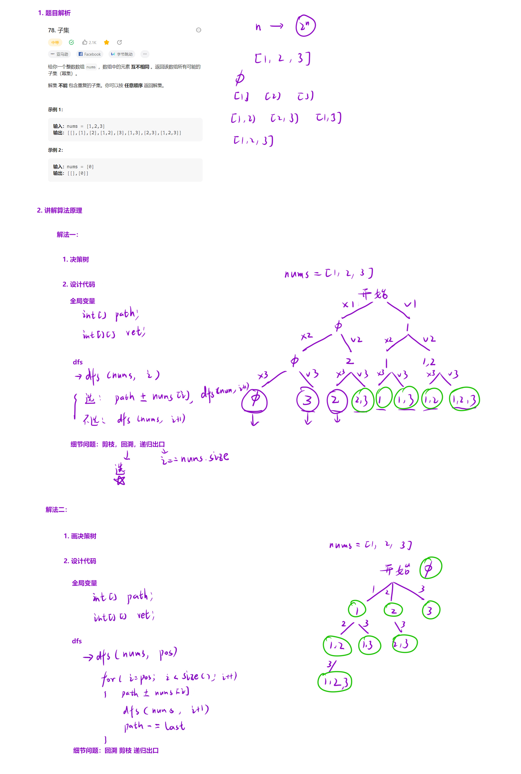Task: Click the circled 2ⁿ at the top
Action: click(305, 26)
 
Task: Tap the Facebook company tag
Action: click(90, 54)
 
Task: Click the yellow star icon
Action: click(106, 42)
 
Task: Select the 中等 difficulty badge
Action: click(55, 42)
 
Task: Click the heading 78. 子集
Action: click(58, 30)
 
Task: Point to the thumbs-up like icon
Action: click(85, 42)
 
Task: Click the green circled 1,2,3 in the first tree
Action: click(464, 399)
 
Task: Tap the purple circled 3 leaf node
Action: click(307, 400)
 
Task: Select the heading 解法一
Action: click(67, 235)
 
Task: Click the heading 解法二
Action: click(56, 510)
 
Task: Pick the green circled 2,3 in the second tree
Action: click(404, 644)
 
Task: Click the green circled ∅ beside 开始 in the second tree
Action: click(430, 568)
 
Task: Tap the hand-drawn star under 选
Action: click(120, 480)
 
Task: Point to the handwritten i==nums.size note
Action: click(195, 458)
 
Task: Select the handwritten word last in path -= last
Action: click(175, 726)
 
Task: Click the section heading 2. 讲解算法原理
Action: click(59, 210)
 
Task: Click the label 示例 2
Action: click(55, 150)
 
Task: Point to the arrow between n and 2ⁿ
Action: click(276, 26)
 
